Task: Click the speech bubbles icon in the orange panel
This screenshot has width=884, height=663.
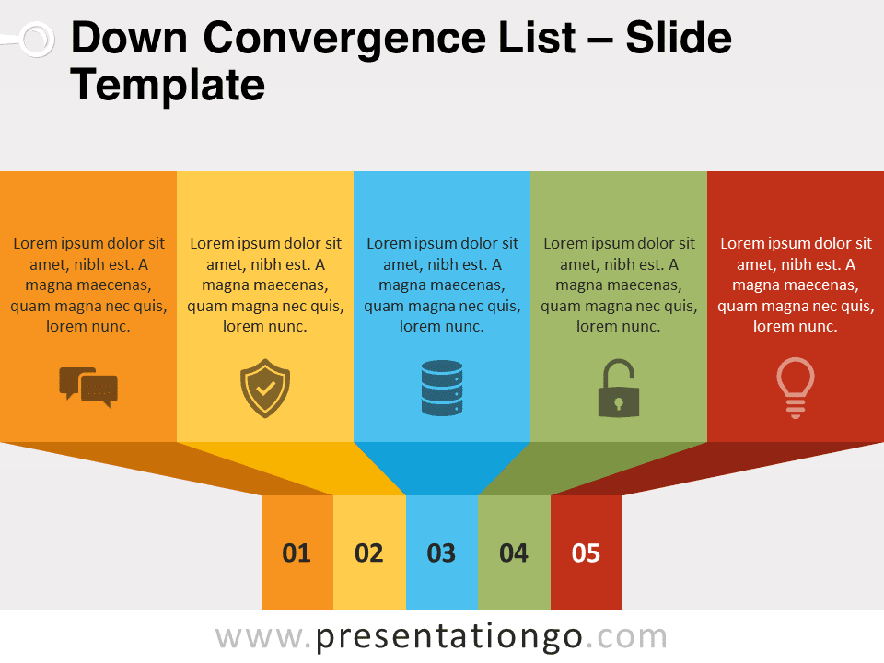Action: tap(88, 387)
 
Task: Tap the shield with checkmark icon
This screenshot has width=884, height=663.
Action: tap(265, 389)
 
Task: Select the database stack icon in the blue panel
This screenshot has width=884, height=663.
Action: tap(442, 388)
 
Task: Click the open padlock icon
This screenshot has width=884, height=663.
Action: tap(619, 389)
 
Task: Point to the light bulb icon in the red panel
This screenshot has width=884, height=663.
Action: tap(796, 388)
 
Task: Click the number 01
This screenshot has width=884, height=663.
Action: tap(297, 553)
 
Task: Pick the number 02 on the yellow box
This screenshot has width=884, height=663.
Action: tap(368, 553)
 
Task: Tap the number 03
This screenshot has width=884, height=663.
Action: tap(441, 553)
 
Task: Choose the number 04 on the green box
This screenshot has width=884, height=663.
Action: tap(514, 553)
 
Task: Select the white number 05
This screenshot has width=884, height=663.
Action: tap(586, 553)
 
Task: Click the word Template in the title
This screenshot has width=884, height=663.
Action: tap(168, 86)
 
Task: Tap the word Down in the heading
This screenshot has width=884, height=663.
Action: tap(129, 37)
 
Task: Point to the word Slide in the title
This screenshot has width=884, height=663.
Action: tap(679, 37)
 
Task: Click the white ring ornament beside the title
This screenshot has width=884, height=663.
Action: tap(38, 40)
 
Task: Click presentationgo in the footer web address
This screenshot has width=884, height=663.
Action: tap(449, 637)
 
